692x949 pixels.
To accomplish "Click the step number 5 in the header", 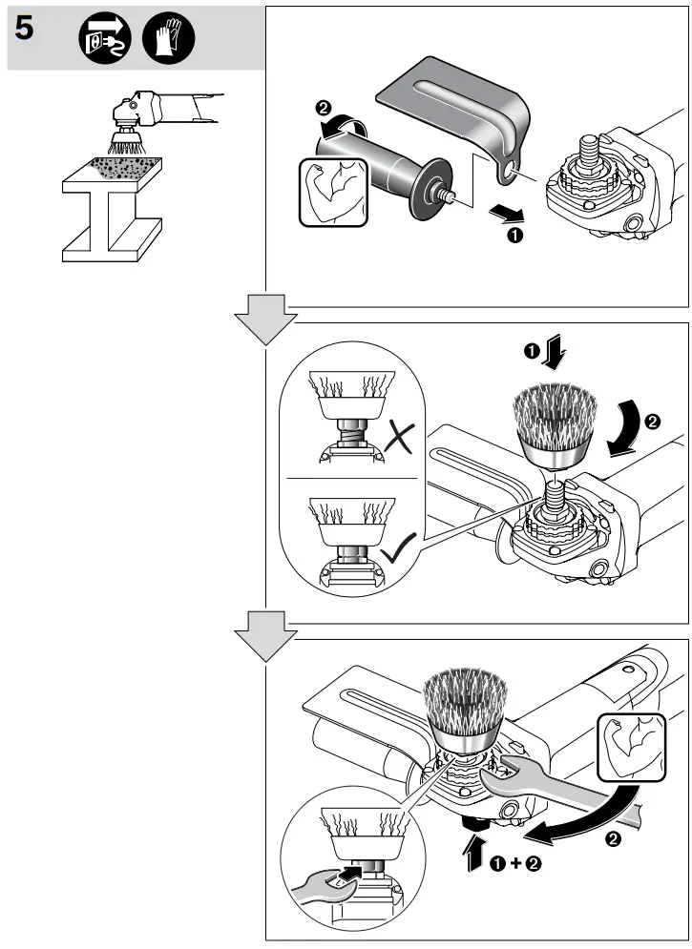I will tap(25, 30).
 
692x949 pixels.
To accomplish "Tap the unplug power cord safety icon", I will tap(102, 39).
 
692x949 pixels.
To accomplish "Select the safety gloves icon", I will tap(167, 39).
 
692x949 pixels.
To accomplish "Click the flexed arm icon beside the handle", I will tap(330, 192).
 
